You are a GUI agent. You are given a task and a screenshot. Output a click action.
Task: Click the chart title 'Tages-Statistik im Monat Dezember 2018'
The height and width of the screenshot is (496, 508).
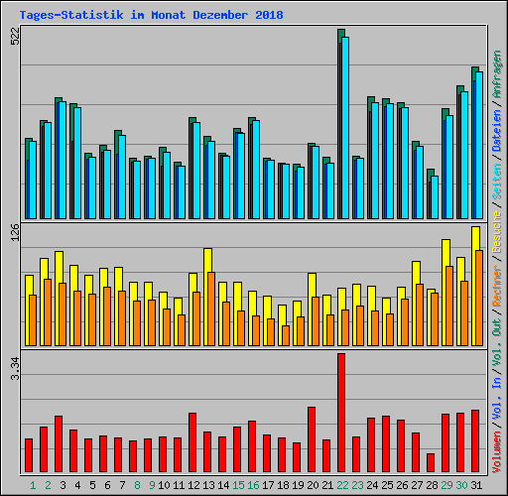click(x=150, y=15)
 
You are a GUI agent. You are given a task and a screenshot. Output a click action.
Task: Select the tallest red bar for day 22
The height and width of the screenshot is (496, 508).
click(x=341, y=413)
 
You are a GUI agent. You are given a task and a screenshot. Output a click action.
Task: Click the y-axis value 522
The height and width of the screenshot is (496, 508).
click(x=14, y=37)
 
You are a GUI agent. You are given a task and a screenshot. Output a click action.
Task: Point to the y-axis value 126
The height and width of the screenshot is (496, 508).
click(x=14, y=232)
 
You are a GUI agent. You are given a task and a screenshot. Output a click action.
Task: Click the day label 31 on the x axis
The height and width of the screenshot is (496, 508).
click(x=476, y=485)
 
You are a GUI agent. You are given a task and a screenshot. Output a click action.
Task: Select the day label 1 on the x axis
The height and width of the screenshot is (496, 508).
click(x=33, y=485)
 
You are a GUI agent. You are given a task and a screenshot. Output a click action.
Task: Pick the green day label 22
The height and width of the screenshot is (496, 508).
click(x=342, y=485)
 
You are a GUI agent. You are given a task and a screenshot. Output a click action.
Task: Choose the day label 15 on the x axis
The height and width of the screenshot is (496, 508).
click(x=238, y=485)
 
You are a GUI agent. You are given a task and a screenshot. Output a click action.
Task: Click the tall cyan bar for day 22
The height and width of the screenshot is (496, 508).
click(x=345, y=129)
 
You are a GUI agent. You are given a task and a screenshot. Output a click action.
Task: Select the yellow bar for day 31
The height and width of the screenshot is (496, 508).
click(x=475, y=238)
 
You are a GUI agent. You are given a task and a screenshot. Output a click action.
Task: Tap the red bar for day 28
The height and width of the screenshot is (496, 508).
click(x=431, y=462)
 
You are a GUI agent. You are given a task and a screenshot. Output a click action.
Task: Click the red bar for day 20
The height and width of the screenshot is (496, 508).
click(x=312, y=438)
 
